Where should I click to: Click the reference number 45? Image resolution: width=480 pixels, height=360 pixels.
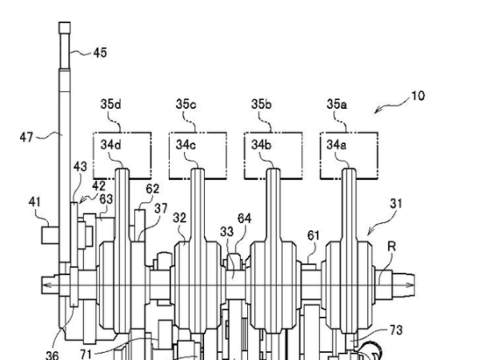pyautogui.click(x=100, y=53)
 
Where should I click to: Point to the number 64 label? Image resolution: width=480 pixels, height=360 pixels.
pyautogui.click(x=244, y=217)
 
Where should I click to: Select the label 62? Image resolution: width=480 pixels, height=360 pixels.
pyautogui.click(x=153, y=189)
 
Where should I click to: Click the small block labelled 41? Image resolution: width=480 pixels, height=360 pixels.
pyautogui.click(x=50, y=236)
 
